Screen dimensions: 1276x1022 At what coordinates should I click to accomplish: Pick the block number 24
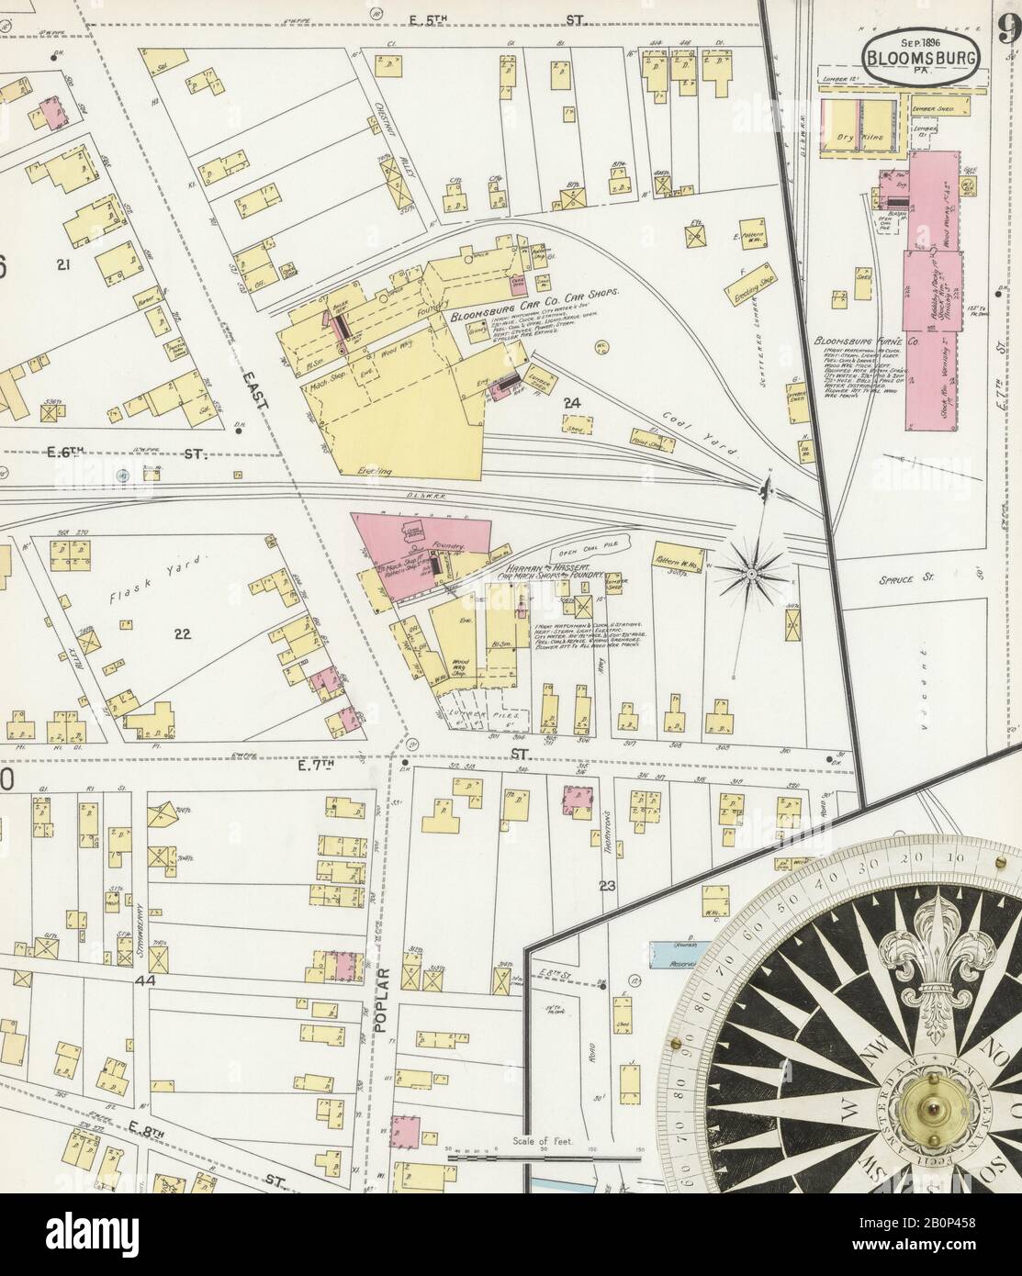coord(572,402)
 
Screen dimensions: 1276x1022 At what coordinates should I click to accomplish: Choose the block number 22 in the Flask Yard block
coord(182,632)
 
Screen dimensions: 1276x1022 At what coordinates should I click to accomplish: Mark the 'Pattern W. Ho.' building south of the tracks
coord(680,559)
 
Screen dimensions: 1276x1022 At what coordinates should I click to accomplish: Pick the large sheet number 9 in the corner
coord(1008,31)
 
